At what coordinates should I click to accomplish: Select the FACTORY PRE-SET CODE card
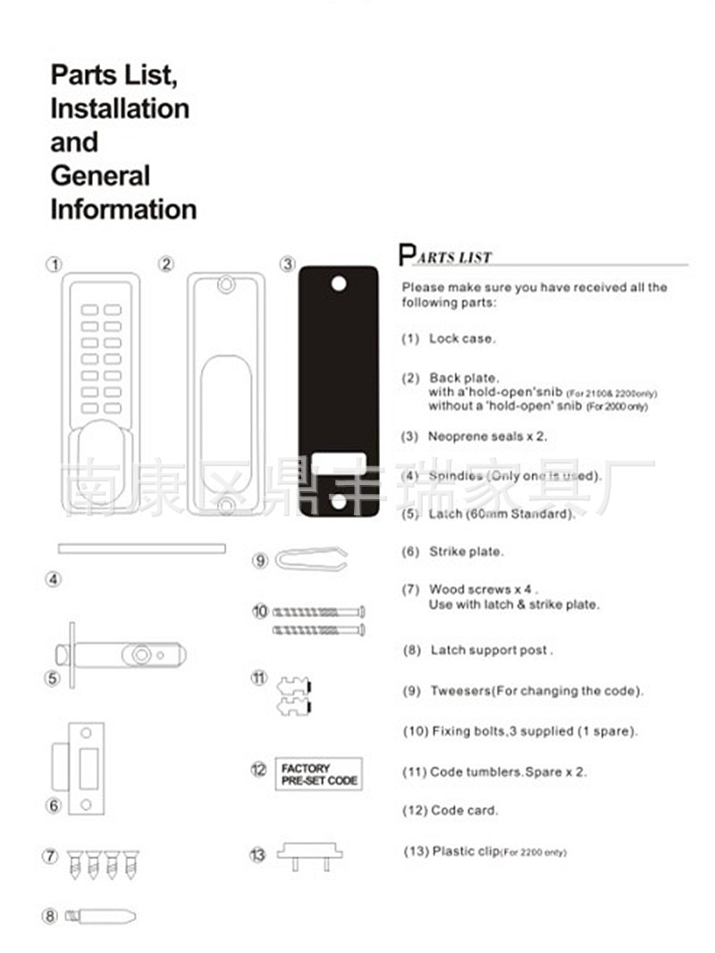click(x=318, y=773)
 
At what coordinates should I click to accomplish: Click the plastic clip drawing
click(x=309, y=853)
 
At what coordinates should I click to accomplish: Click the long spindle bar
click(x=141, y=548)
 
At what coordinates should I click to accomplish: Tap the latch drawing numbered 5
click(x=125, y=656)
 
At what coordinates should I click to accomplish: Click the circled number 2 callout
click(x=166, y=264)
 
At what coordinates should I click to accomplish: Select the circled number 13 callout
click(x=257, y=855)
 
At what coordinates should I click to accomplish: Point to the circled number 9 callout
click(x=260, y=561)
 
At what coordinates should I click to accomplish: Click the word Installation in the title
click(x=120, y=108)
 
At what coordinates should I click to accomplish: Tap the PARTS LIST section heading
click(x=445, y=256)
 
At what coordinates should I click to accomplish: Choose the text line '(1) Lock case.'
click(x=449, y=339)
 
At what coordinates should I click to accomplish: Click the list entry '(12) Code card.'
click(x=450, y=810)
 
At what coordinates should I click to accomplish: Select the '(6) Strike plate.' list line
click(x=453, y=552)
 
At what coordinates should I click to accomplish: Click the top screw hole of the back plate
click(x=225, y=284)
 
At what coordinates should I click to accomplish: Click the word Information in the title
click(x=123, y=209)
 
